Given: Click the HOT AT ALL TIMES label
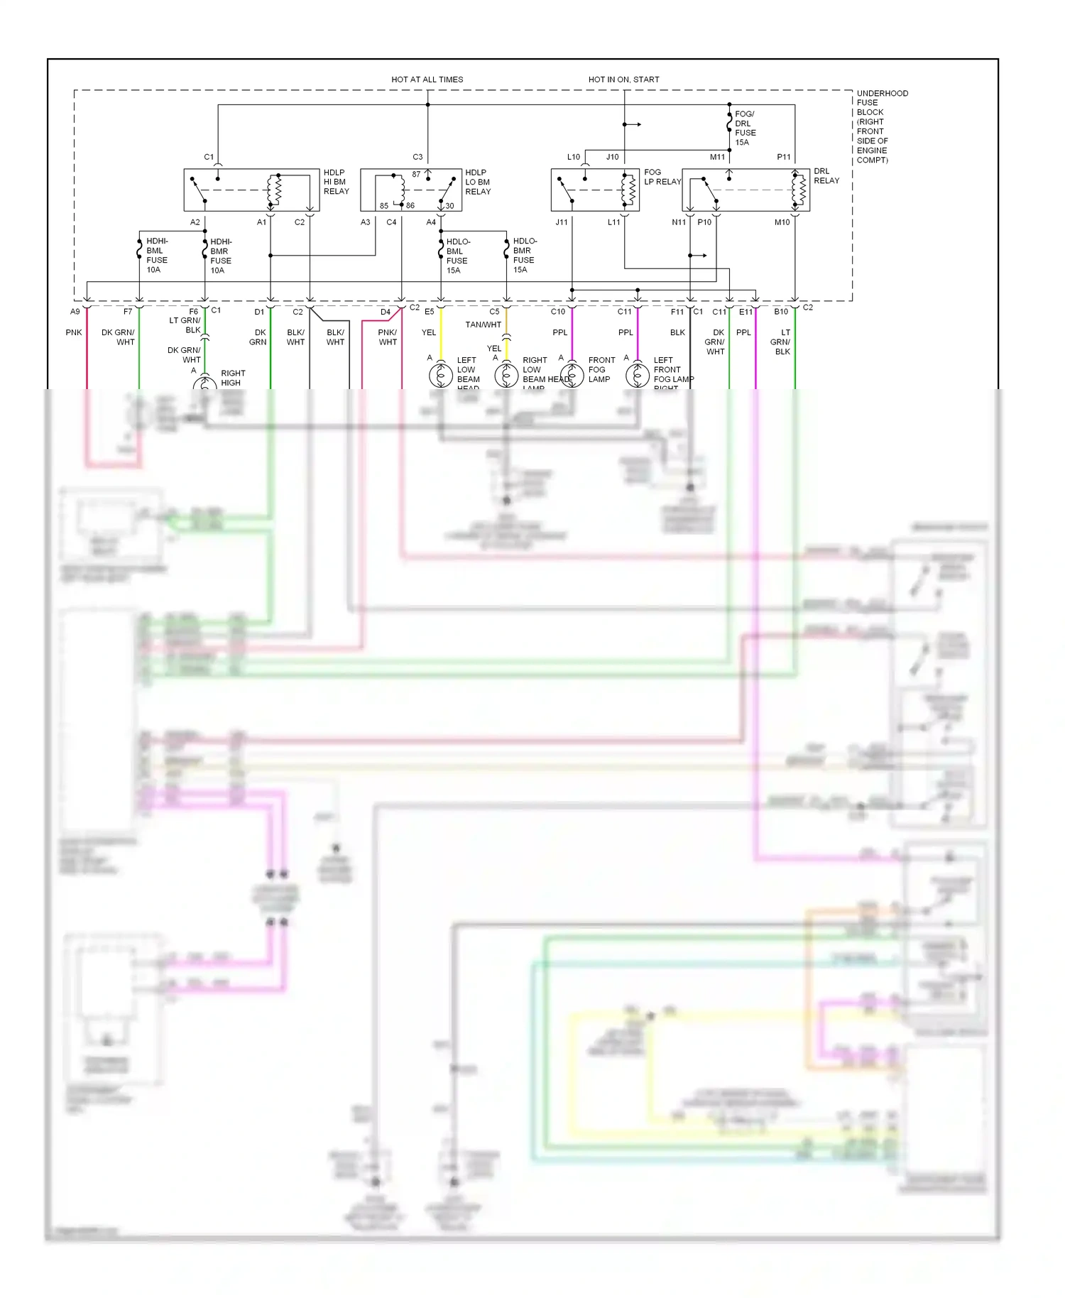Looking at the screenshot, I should click(x=427, y=80).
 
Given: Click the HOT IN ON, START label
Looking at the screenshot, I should click(x=623, y=80).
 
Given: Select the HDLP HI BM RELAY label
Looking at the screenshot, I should click(x=336, y=182).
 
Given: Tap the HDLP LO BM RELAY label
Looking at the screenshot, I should click(x=477, y=182).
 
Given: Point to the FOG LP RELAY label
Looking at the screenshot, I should click(x=662, y=177).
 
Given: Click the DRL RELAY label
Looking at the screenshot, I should click(x=826, y=176).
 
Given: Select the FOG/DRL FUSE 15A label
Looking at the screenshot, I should click(x=745, y=128).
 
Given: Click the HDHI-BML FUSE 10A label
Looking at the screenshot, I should click(x=157, y=256).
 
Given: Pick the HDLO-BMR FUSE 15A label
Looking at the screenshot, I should click(x=524, y=256).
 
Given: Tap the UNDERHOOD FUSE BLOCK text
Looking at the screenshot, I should click(x=881, y=126).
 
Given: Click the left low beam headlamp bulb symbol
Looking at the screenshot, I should click(x=440, y=375).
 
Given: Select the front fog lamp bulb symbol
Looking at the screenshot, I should click(x=572, y=375).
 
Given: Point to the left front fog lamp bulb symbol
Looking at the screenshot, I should click(x=637, y=375).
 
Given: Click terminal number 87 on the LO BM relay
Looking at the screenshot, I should click(x=416, y=174).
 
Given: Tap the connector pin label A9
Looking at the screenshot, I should click(x=75, y=312).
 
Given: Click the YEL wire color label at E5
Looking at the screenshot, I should click(x=429, y=332).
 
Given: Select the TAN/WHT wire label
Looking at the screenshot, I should click(x=483, y=324).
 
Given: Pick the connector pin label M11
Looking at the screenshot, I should click(x=717, y=157).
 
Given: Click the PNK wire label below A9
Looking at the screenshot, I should click(x=74, y=332).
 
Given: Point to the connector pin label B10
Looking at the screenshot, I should click(x=780, y=312).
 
